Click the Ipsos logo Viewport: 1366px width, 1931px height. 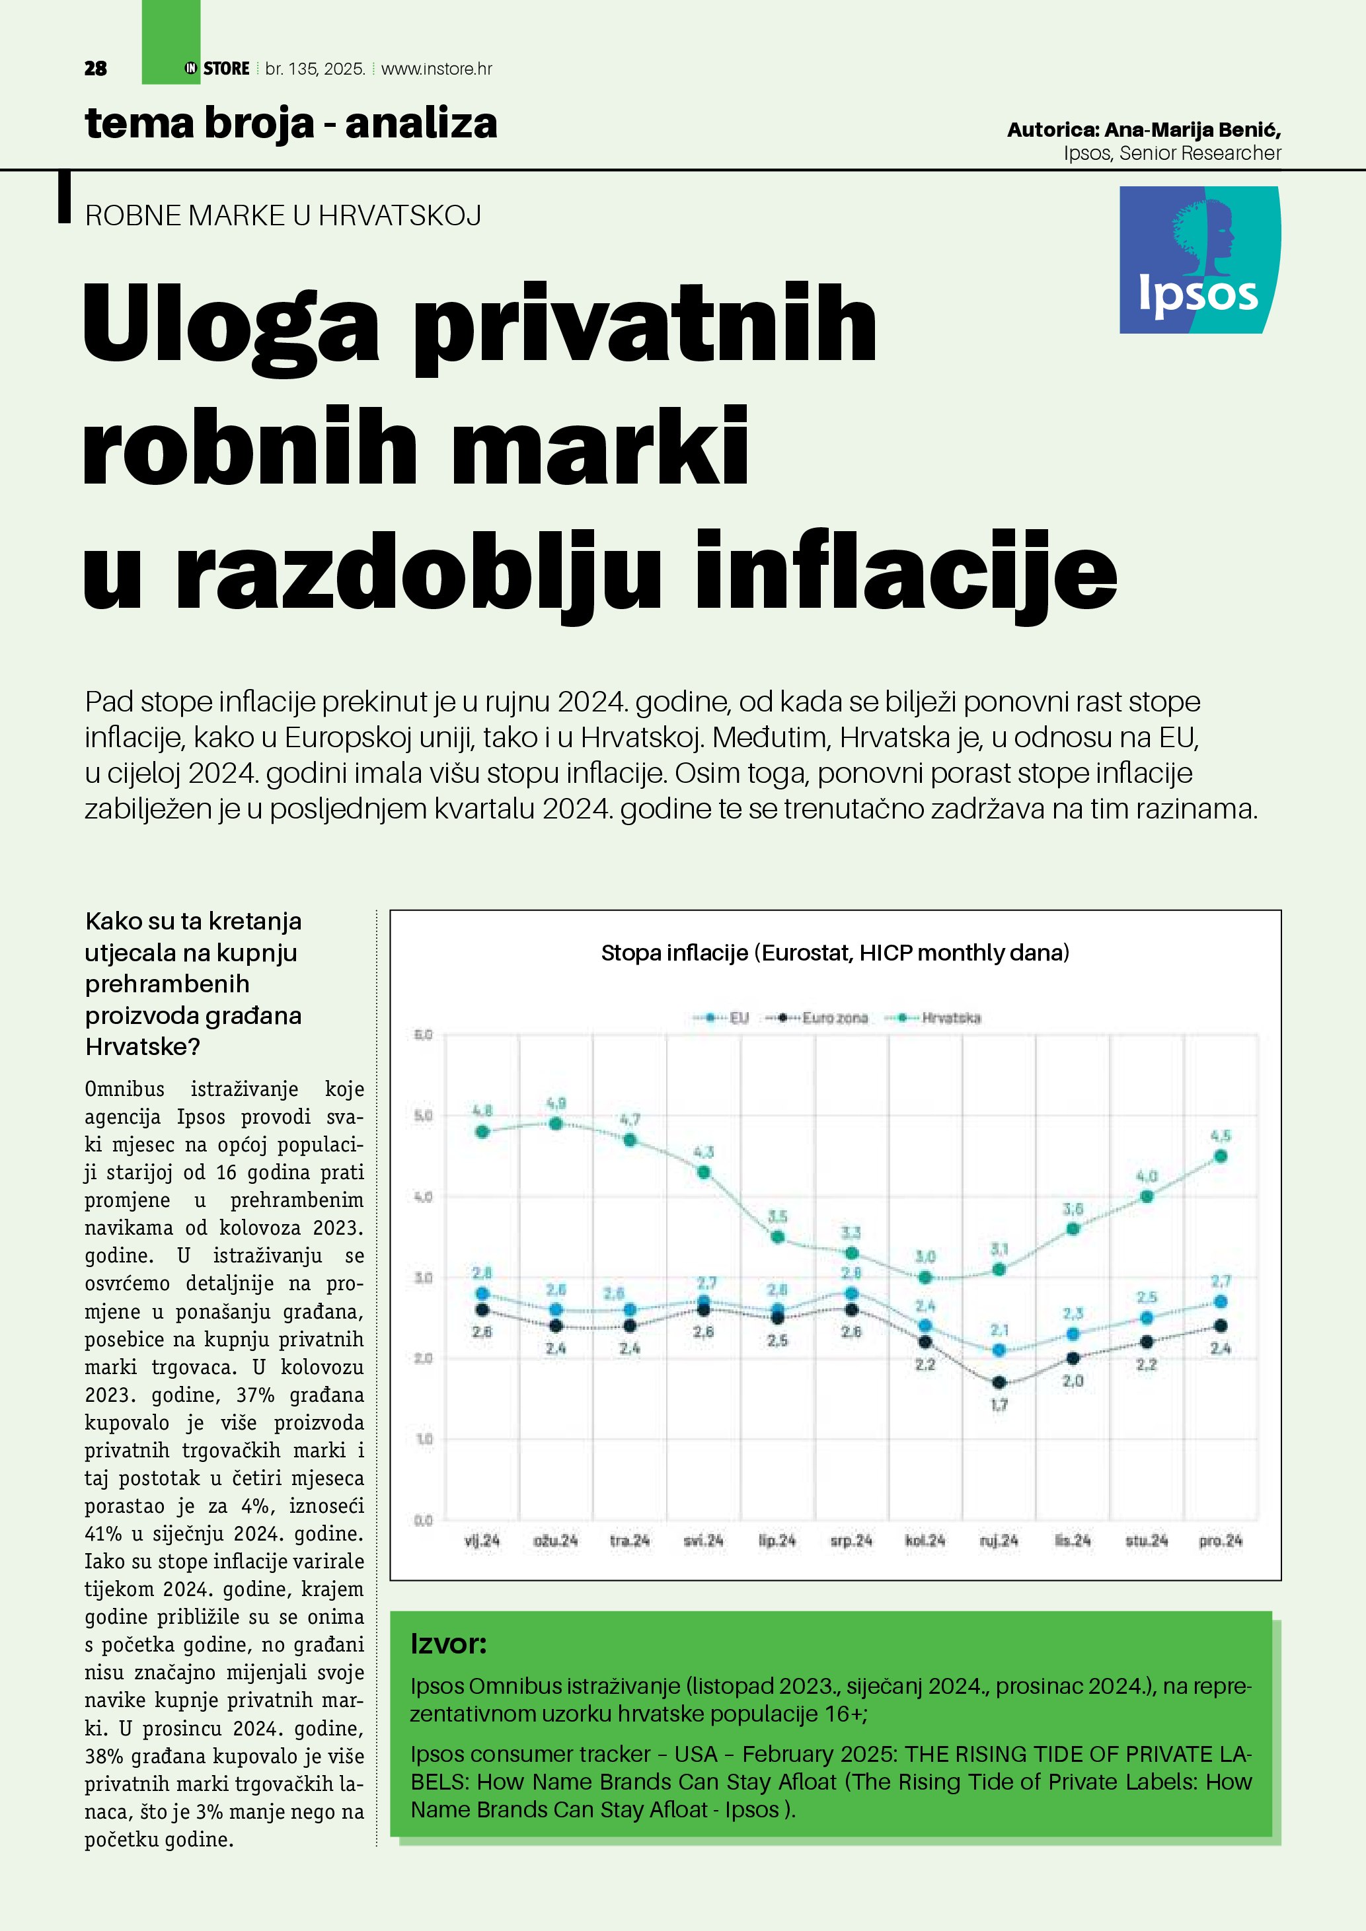(1199, 260)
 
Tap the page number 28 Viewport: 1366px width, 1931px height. (96, 69)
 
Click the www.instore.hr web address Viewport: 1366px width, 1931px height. (437, 69)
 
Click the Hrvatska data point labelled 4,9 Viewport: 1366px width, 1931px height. (556, 1124)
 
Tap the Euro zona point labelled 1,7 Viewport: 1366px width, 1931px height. (999, 1383)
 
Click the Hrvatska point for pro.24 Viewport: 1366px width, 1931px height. (1221, 1156)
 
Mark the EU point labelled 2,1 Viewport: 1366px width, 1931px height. (999, 1350)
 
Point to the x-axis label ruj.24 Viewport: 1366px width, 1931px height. (999, 1540)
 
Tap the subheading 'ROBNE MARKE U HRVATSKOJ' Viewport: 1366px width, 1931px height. (283, 215)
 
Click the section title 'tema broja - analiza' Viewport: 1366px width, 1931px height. (291, 124)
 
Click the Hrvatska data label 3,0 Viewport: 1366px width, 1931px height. (925, 1257)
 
